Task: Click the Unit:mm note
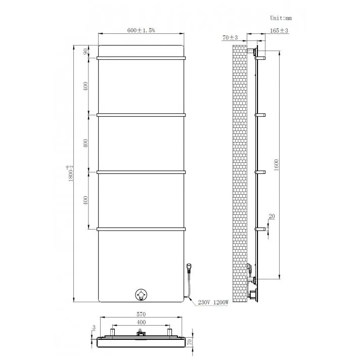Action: [281, 18]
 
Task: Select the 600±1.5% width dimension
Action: [141, 30]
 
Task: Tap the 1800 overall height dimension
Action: [70, 173]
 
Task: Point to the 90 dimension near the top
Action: [85, 52]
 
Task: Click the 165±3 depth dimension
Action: [279, 30]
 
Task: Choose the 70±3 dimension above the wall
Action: [230, 37]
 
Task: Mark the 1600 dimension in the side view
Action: [276, 165]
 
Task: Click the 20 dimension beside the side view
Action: [272, 216]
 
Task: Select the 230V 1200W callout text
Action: [213, 302]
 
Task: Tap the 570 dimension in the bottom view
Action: [141, 314]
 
